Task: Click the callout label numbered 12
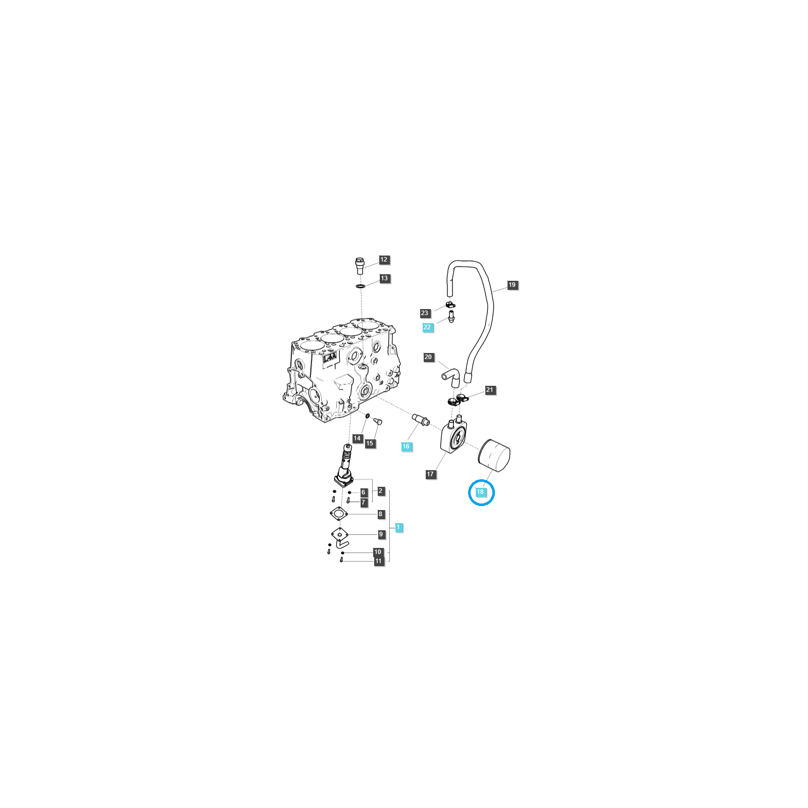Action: pyautogui.click(x=384, y=260)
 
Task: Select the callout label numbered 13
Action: pyautogui.click(x=384, y=278)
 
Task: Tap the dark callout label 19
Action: pyautogui.click(x=512, y=285)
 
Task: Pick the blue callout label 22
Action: pyautogui.click(x=427, y=327)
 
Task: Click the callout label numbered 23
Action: pyautogui.click(x=425, y=313)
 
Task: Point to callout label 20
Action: pyautogui.click(x=428, y=357)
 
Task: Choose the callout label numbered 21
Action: pyautogui.click(x=490, y=390)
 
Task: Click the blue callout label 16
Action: pyautogui.click(x=406, y=446)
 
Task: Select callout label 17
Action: pyautogui.click(x=430, y=474)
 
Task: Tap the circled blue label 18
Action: pyautogui.click(x=480, y=492)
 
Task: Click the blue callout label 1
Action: pyautogui.click(x=398, y=527)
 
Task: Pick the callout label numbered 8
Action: pyautogui.click(x=381, y=514)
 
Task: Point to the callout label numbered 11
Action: pyautogui.click(x=379, y=561)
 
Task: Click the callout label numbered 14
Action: pyautogui.click(x=357, y=438)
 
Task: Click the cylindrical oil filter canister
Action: pyautogui.click(x=494, y=456)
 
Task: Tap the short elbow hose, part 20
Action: pyautogui.click(x=451, y=376)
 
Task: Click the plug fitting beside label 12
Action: pyautogui.click(x=360, y=265)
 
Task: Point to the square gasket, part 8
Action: pyautogui.click(x=339, y=514)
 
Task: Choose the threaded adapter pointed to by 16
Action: pyautogui.click(x=420, y=420)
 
